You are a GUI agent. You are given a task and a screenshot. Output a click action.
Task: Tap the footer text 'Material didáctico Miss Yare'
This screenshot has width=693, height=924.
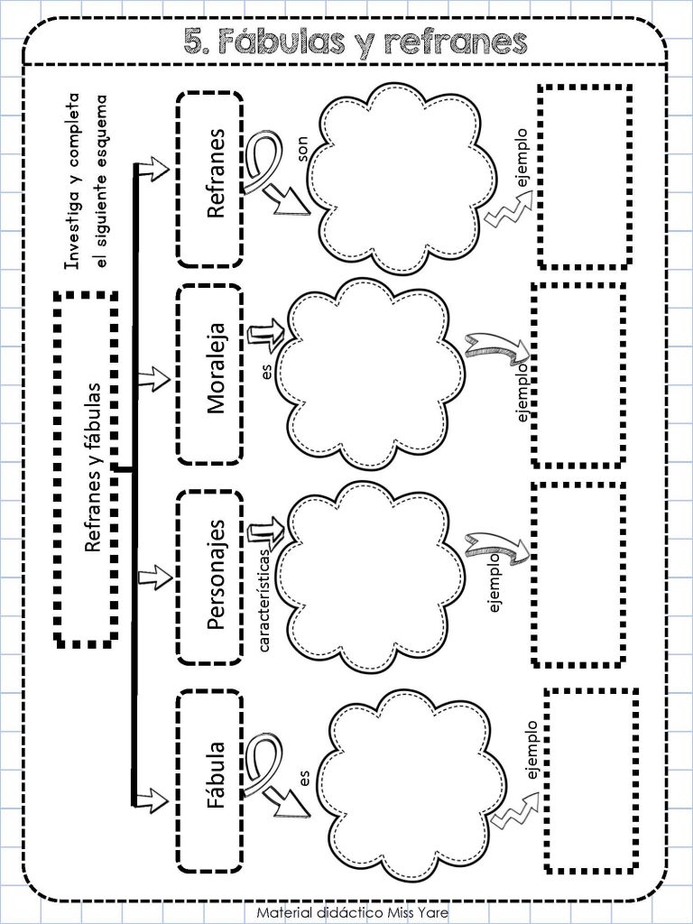353,913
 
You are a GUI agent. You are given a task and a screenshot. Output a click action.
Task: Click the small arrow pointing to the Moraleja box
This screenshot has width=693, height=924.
153,378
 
